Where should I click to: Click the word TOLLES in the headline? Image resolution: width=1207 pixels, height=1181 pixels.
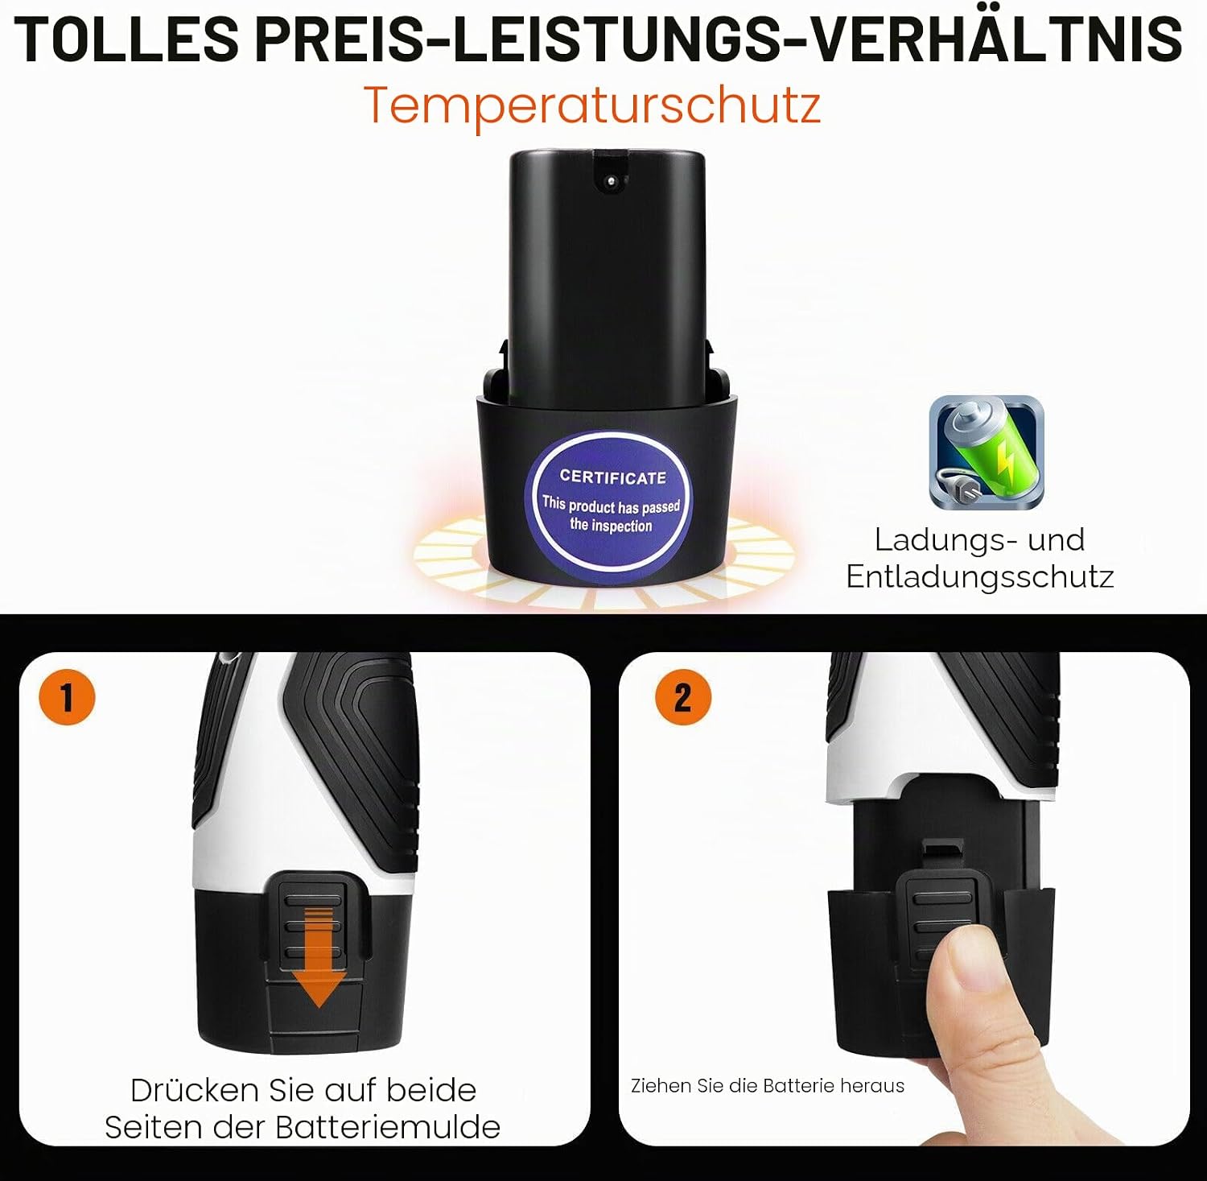point(126,38)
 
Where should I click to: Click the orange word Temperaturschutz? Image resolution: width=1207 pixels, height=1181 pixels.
point(592,105)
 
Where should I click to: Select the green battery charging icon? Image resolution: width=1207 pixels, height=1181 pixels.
point(987,452)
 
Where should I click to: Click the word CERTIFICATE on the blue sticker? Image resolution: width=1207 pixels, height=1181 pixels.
point(613,477)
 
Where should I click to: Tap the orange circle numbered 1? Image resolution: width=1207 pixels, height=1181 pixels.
point(67,697)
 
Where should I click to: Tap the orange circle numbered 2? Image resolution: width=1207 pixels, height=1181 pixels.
point(683,697)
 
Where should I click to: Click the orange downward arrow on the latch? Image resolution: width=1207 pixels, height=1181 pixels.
point(319,957)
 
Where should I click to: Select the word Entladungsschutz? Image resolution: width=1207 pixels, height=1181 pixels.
point(980,576)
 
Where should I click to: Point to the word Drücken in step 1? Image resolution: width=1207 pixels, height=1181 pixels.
point(196,1090)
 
